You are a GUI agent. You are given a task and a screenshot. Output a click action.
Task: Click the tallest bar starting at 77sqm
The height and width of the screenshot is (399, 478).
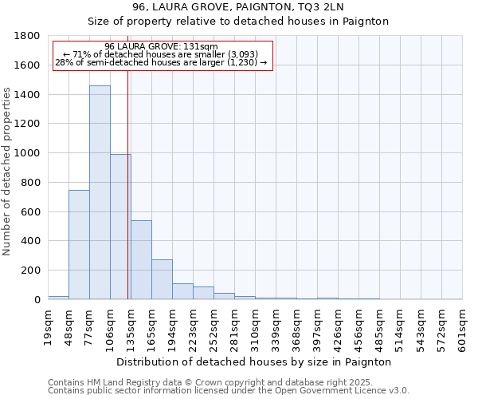[100, 192]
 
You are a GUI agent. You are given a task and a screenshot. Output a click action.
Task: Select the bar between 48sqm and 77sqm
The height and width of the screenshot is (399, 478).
[79, 244]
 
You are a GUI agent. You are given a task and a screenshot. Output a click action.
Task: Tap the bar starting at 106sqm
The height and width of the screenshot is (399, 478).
[120, 227]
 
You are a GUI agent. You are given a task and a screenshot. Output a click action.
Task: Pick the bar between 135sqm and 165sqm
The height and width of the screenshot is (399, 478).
[141, 259]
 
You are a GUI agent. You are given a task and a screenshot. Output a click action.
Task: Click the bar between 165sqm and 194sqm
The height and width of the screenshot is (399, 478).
[162, 279]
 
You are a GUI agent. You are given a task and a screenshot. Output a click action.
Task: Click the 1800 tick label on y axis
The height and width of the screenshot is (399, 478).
[29, 36]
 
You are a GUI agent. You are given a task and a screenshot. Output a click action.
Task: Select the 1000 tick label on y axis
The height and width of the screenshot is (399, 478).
[29, 153]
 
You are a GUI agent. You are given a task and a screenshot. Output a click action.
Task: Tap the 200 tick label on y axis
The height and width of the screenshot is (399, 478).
[32, 271]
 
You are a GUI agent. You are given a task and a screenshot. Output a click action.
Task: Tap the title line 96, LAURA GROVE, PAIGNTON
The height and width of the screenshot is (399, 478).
[238, 7]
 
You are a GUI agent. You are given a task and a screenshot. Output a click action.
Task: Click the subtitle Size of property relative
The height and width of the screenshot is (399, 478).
[238, 22]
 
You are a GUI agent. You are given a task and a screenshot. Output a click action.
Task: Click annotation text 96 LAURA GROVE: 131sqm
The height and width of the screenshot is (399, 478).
[161, 46]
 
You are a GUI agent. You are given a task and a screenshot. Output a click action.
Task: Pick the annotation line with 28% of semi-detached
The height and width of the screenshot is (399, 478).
[161, 62]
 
